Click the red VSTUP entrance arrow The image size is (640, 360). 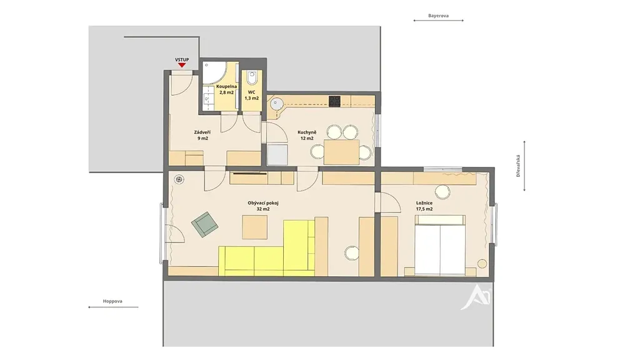point(182,65)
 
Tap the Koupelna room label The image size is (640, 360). point(226,86)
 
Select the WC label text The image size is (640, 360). point(251,92)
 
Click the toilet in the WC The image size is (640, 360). point(252,77)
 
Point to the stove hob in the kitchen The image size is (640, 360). point(335,101)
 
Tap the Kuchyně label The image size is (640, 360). point(307,132)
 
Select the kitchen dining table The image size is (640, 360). point(342,152)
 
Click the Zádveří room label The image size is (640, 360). point(202,132)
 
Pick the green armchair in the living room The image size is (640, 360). point(204,224)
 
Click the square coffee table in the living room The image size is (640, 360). point(255,227)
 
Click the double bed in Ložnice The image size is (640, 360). point(441,245)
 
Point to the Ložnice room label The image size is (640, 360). point(424,203)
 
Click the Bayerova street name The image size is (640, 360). point(438,16)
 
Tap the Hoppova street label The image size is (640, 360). point(112,301)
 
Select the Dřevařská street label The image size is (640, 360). point(518,166)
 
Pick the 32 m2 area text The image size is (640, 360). point(263,209)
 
